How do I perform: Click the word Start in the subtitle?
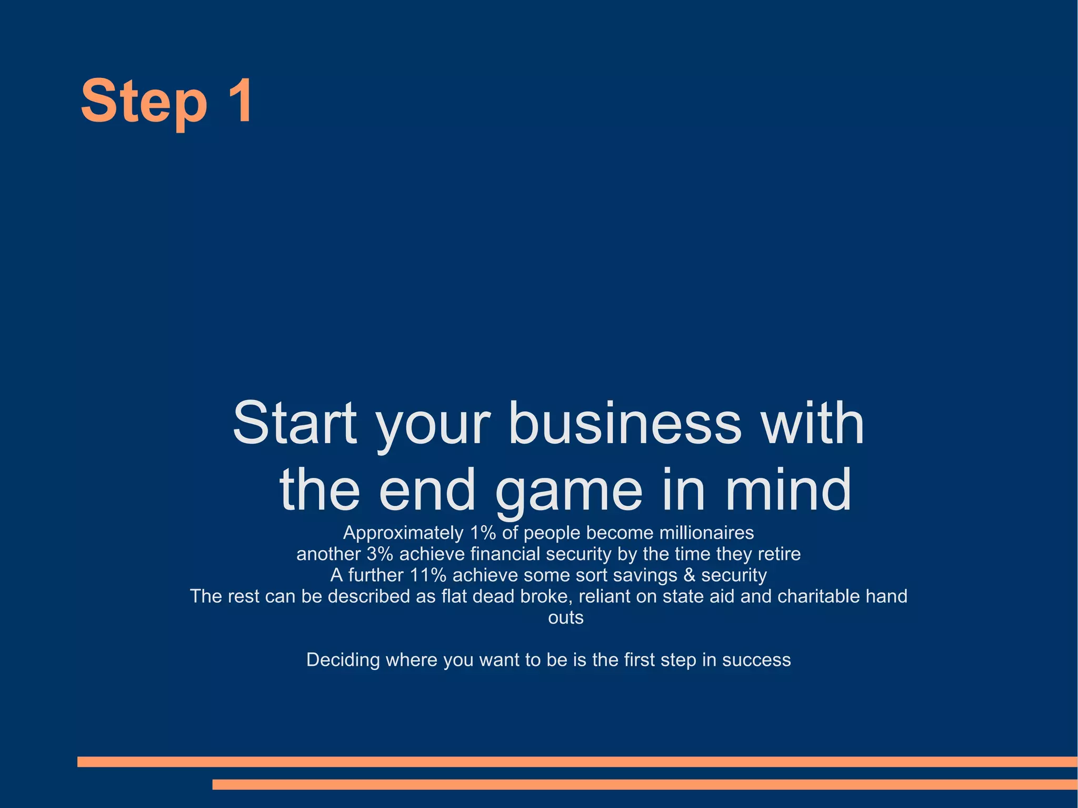[x=295, y=423]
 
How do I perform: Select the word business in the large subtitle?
[x=625, y=423]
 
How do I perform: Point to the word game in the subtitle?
[x=569, y=491]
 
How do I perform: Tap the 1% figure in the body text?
[x=483, y=533]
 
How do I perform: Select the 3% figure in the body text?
[x=380, y=554]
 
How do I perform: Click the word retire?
[x=779, y=554]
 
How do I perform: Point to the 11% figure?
[x=428, y=575]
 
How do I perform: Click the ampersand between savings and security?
[x=689, y=575]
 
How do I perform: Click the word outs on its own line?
[x=566, y=617]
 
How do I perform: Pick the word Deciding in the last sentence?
[x=343, y=660]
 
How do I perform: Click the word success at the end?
[x=756, y=660]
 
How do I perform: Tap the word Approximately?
[x=403, y=533]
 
